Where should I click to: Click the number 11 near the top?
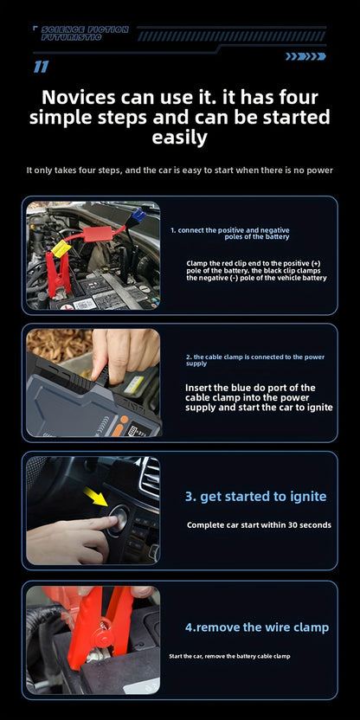pos(41,67)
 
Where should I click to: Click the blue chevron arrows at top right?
pos(305,56)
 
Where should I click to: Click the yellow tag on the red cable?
pos(61,249)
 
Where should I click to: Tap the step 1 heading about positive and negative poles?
pos(229,233)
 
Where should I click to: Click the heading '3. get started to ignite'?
pos(255,496)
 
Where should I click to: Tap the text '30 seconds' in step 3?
pos(307,525)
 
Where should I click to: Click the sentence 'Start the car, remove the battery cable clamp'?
pos(229,657)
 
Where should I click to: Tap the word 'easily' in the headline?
pos(179,138)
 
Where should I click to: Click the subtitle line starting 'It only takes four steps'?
pos(179,170)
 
